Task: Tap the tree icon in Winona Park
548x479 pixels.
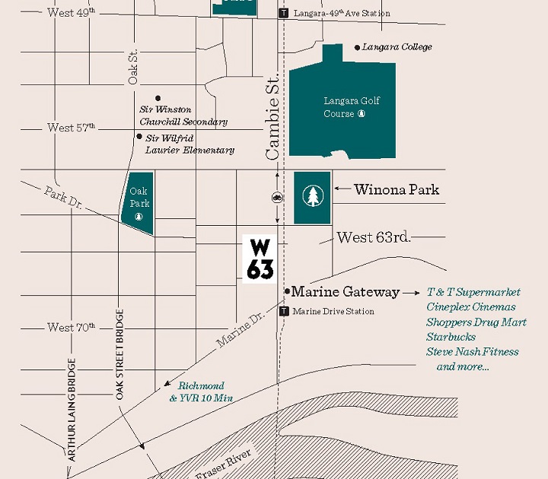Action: click(x=312, y=197)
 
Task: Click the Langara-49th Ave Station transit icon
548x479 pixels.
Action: click(x=284, y=13)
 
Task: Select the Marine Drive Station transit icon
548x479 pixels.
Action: click(x=284, y=311)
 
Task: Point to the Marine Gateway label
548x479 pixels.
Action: click(x=346, y=292)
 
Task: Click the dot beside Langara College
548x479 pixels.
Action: click(x=357, y=47)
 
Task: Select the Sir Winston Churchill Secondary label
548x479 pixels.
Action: click(x=183, y=116)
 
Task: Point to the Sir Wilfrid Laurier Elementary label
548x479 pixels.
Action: click(x=190, y=144)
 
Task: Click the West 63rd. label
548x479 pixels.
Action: click(x=374, y=237)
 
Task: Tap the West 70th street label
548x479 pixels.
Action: click(x=71, y=328)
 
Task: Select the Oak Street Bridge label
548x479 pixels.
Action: click(x=119, y=354)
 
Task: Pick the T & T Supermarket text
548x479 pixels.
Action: click(x=473, y=292)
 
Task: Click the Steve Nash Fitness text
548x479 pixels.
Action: click(x=472, y=351)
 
